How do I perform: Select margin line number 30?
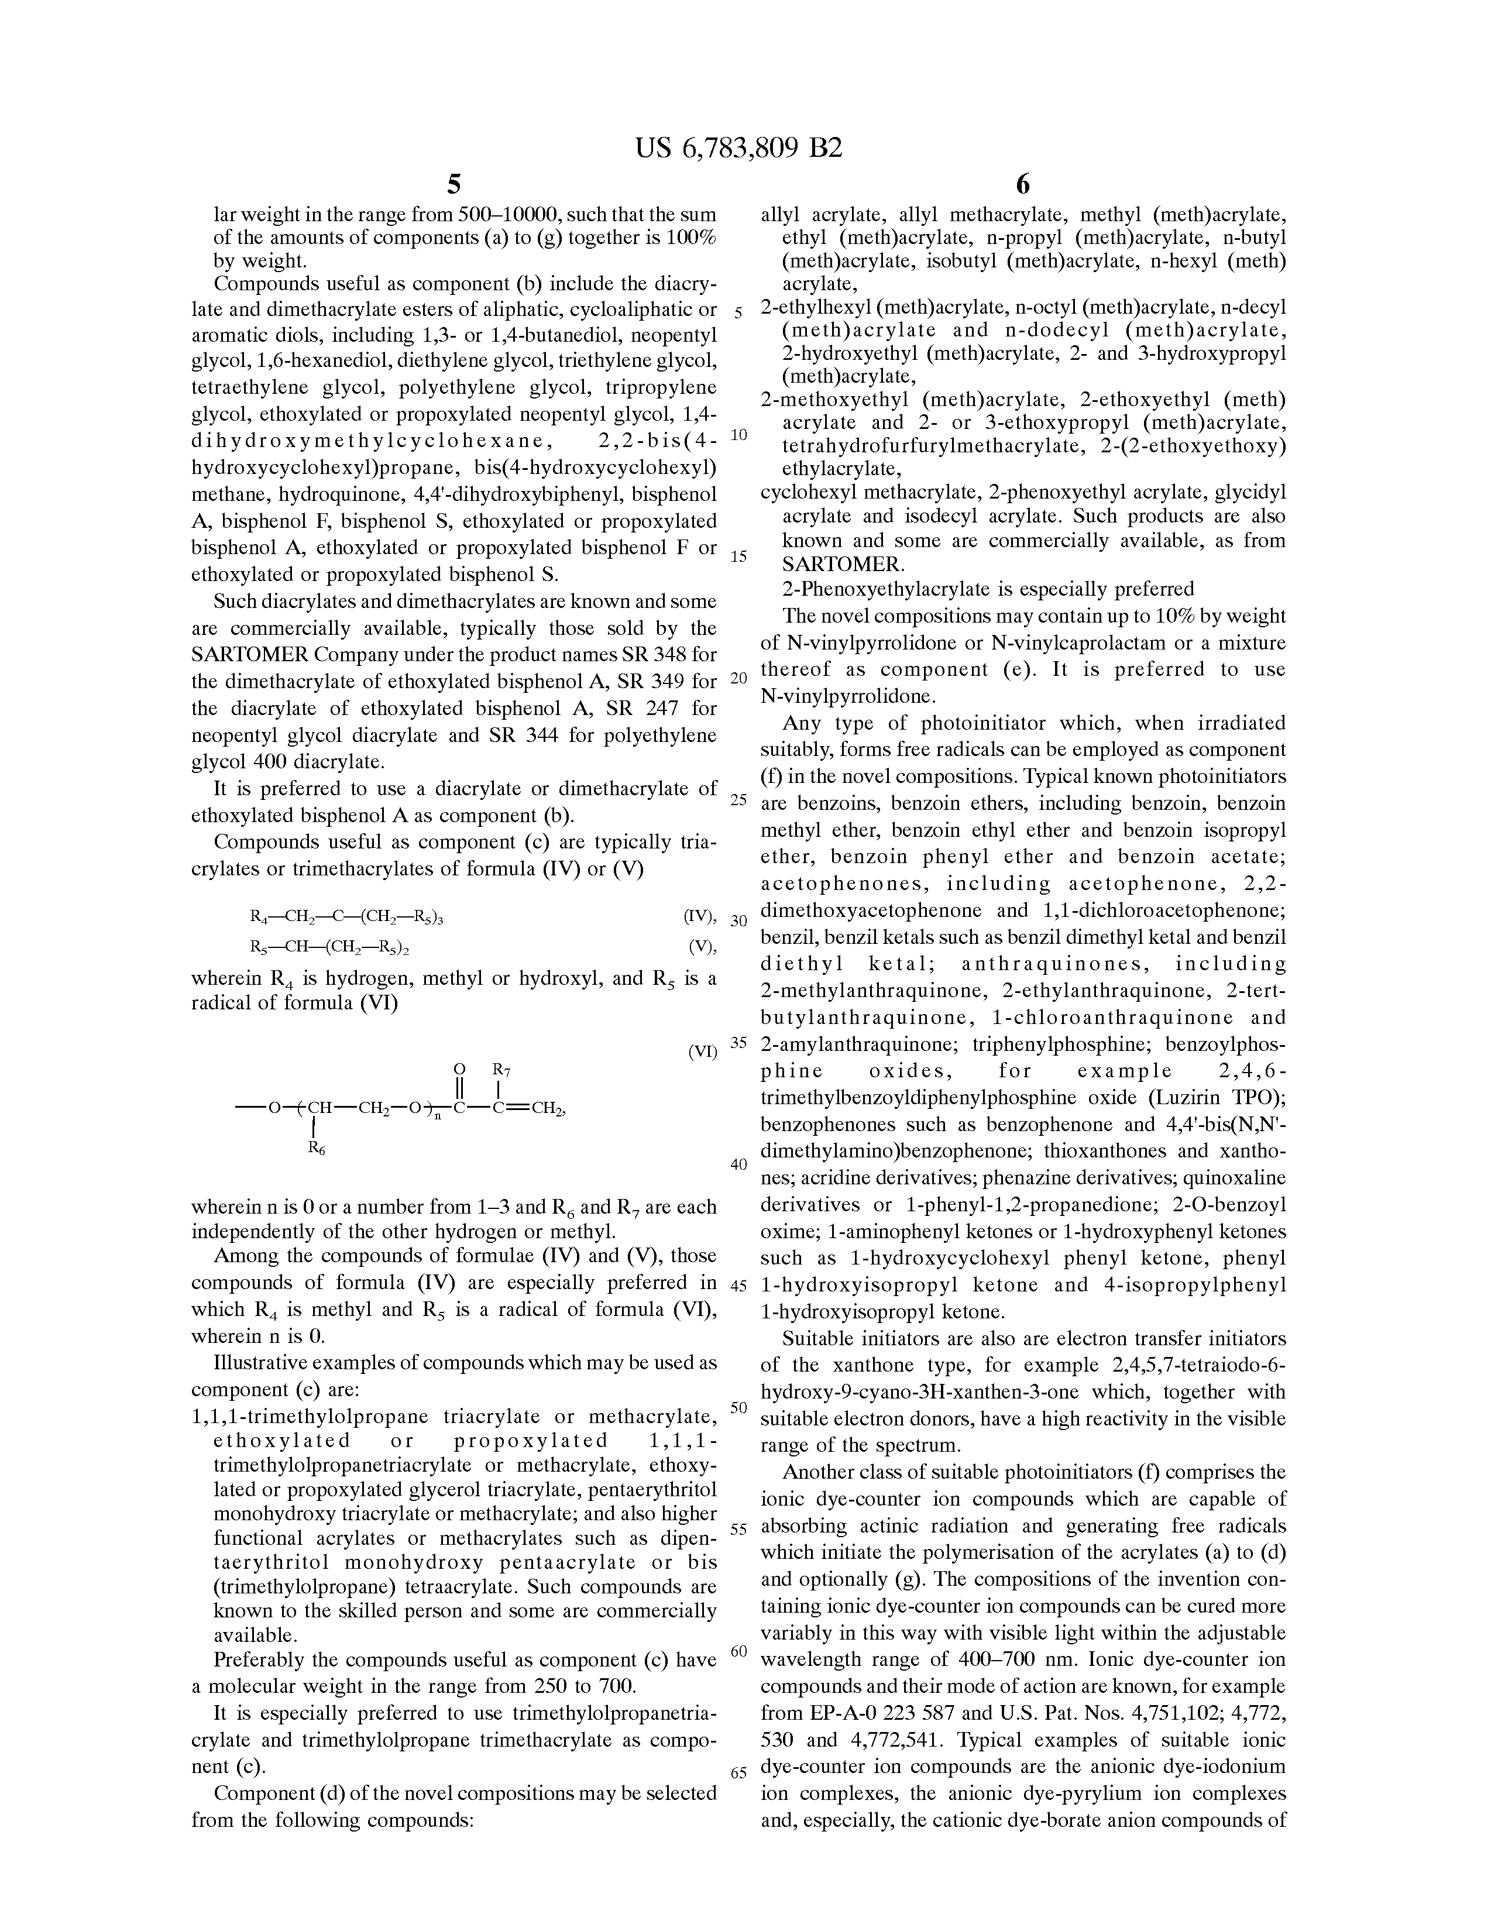click(x=738, y=920)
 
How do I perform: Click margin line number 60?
click(x=739, y=1651)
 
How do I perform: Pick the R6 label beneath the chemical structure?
click(x=316, y=1149)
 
